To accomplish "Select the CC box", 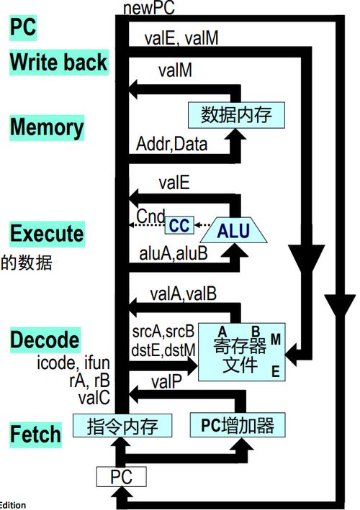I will [179, 226].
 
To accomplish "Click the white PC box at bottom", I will [120, 476].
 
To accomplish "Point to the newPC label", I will [149, 8].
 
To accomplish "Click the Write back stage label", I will [58, 63].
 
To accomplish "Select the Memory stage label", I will [47, 127].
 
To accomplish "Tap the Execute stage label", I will [47, 234].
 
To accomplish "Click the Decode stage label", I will [45, 340].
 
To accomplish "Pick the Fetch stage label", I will [36, 434].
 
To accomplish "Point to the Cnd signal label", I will [150, 215].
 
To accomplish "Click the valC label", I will [94, 396].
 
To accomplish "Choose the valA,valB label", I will [183, 293].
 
